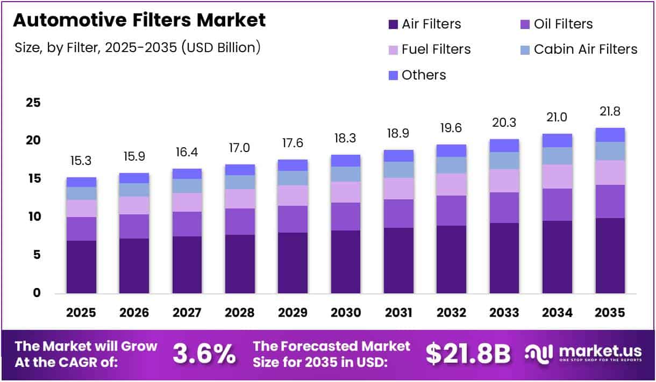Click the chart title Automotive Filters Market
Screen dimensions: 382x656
coord(139,20)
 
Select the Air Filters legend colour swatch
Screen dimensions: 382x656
coord(393,25)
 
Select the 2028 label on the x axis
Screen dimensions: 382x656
coord(240,313)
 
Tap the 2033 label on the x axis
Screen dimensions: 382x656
coord(504,313)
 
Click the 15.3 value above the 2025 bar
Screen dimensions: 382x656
coord(81,161)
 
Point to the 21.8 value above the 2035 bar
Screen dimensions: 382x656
coord(610,112)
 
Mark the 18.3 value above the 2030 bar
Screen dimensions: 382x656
coord(345,139)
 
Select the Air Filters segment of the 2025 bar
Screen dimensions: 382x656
coord(81,267)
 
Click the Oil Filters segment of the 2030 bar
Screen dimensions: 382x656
coord(345,217)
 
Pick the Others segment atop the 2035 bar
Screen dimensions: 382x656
coord(610,135)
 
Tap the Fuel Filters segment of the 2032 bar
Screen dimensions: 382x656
coord(451,184)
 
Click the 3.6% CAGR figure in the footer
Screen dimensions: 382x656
coord(204,354)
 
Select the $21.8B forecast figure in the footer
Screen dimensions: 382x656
coord(468,354)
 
